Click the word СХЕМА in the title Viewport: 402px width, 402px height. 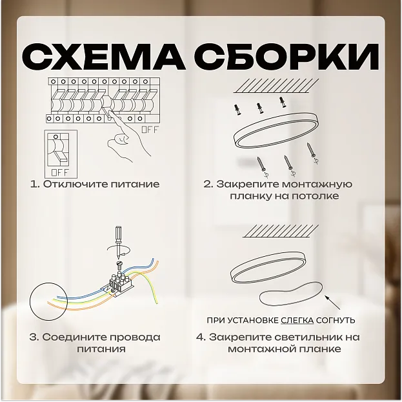coord(104,57)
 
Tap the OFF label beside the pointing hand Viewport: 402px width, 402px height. coord(150,130)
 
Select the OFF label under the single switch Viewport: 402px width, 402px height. coord(60,172)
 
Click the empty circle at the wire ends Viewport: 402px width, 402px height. coord(48,283)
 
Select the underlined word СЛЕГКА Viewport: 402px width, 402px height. coord(297,320)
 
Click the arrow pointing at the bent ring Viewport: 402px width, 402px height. coord(333,303)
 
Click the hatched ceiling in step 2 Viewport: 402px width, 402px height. coord(277,86)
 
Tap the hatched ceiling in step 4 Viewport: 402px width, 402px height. coord(281,231)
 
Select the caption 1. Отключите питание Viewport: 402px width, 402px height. coord(95,184)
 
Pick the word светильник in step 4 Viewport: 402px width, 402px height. coord(299,337)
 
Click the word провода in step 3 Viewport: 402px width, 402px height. coord(136,337)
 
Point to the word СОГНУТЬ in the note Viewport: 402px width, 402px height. coord(336,320)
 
